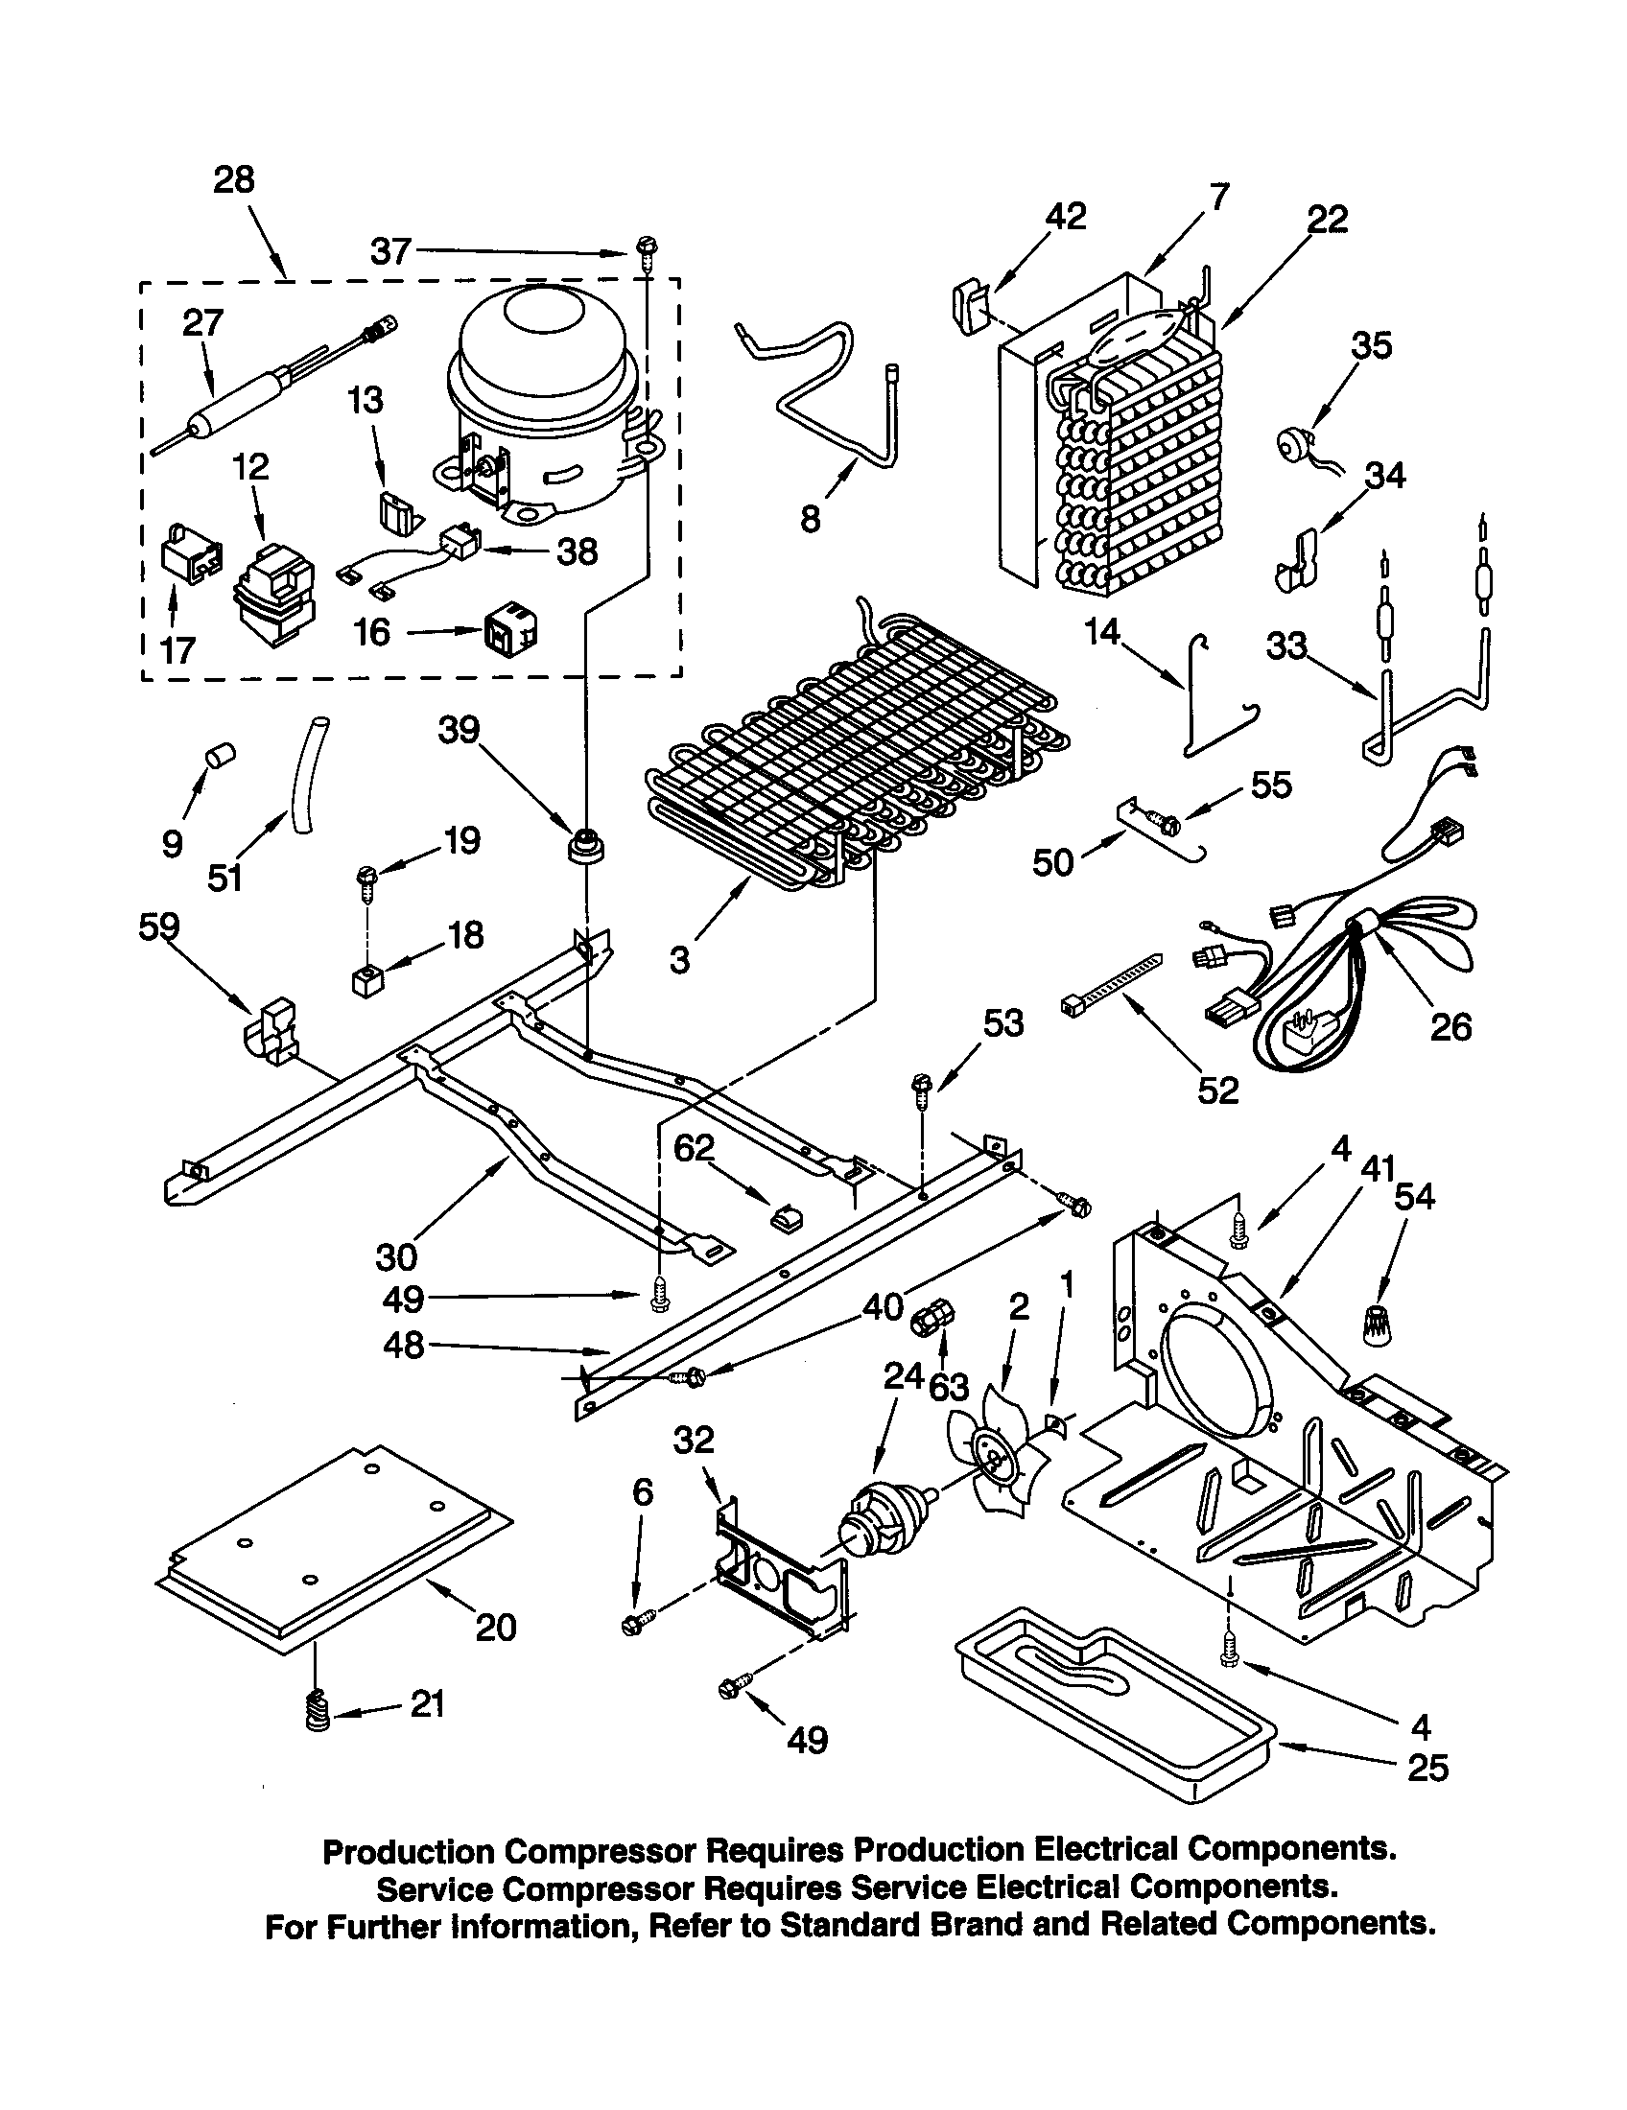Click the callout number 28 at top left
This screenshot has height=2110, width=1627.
tap(234, 179)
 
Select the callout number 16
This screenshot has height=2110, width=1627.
tap(371, 633)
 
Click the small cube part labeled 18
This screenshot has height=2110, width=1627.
tap(368, 981)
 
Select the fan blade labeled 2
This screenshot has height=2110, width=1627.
tap(998, 1459)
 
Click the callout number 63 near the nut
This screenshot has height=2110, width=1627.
tap(948, 1388)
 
